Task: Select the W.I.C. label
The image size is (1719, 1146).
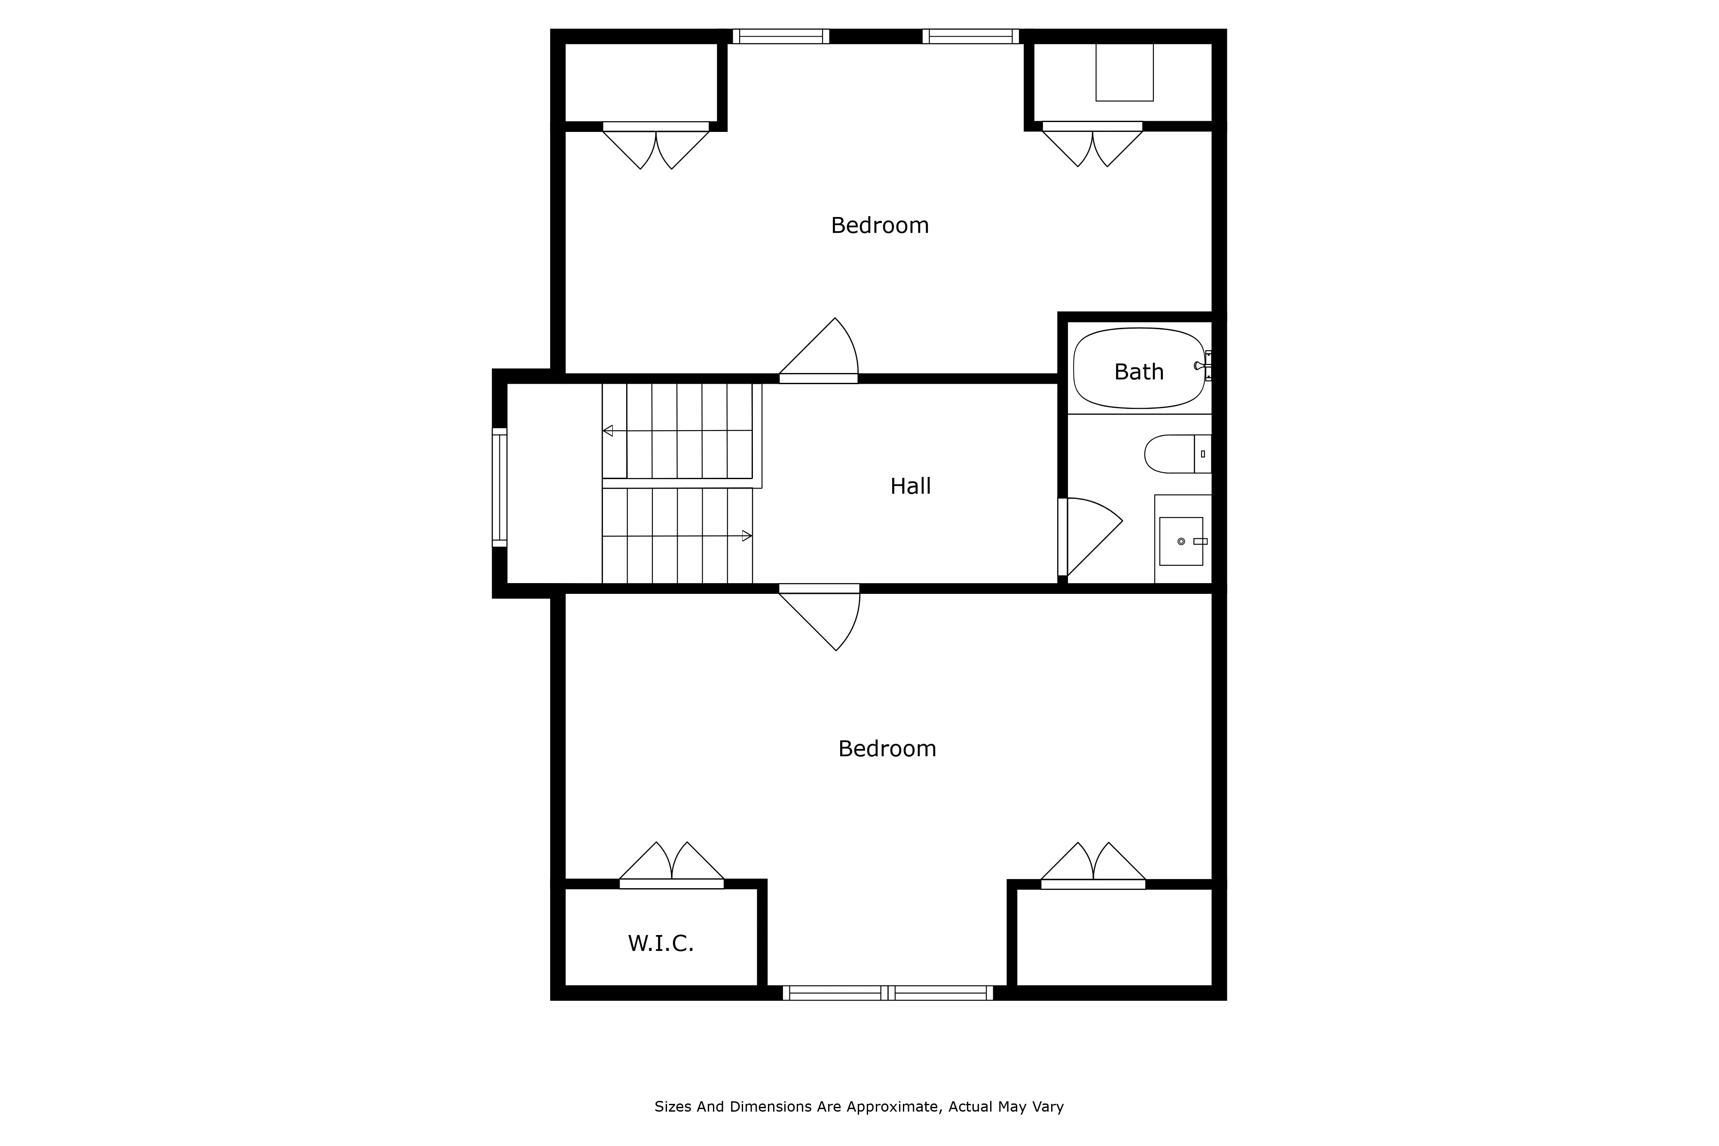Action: pyautogui.click(x=660, y=944)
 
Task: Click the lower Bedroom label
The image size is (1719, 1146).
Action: pyautogui.click(x=887, y=749)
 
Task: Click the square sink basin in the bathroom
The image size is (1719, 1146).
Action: pyautogui.click(x=1181, y=541)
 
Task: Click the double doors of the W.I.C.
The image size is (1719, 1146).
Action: pyautogui.click(x=671, y=866)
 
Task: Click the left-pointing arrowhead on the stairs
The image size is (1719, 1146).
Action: pyautogui.click(x=607, y=431)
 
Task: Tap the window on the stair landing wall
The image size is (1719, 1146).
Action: pyautogui.click(x=499, y=487)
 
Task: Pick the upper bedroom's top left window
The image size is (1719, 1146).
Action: pyautogui.click(x=780, y=37)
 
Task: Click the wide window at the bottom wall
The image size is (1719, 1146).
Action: pyautogui.click(x=887, y=993)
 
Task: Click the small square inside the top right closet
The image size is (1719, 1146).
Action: pyautogui.click(x=1124, y=72)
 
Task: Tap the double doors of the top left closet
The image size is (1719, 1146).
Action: pyautogui.click(x=656, y=146)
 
